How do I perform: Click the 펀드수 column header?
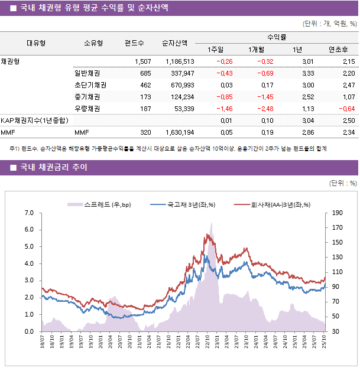pos(134,43)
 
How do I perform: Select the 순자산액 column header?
pos(176,43)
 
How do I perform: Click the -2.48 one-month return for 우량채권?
pos(262,109)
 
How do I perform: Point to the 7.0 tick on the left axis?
pos(30,213)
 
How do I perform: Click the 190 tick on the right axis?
pos(338,213)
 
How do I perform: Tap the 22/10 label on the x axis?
pos(208,341)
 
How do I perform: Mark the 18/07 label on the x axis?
pos(43,341)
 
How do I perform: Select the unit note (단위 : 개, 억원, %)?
pos(329,24)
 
